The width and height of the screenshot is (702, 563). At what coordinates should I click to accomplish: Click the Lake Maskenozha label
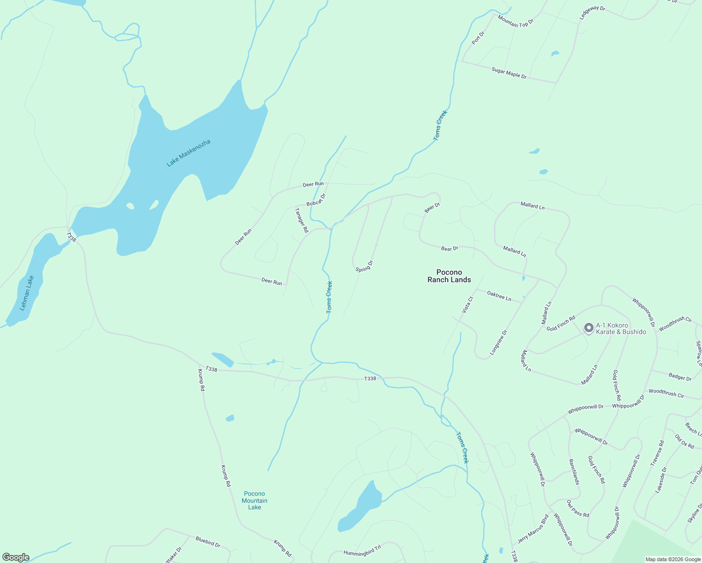tap(189, 153)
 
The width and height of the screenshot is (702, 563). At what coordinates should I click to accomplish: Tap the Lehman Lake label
tap(27, 293)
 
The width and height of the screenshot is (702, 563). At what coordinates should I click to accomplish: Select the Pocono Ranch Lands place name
tap(449, 276)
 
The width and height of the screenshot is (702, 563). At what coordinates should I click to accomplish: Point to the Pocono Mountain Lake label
tap(254, 500)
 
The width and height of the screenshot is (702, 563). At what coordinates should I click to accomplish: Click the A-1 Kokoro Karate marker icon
tap(588, 328)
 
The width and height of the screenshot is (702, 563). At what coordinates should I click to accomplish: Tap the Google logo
tap(15, 557)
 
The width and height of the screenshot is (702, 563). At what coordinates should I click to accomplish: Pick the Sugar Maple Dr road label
tap(509, 73)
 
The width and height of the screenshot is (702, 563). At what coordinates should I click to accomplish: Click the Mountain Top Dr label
tap(515, 21)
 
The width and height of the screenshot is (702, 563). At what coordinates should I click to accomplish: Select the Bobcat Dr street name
tap(316, 200)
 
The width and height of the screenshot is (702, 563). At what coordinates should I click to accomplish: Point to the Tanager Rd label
tap(301, 220)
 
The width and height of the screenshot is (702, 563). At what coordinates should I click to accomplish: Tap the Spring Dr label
tap(364, 266)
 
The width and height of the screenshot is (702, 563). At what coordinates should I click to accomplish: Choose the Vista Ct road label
tap(467, 304)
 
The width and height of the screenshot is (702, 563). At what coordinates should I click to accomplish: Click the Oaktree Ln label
tap(499, 296)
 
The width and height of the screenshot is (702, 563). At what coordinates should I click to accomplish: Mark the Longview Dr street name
tap(498, 342)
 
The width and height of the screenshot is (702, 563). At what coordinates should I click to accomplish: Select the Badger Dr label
tap(680, 377)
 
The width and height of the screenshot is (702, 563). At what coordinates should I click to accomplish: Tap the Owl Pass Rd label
tap(578, 509)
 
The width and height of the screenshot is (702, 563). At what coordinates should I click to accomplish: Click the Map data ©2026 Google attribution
tap(672, 559)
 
